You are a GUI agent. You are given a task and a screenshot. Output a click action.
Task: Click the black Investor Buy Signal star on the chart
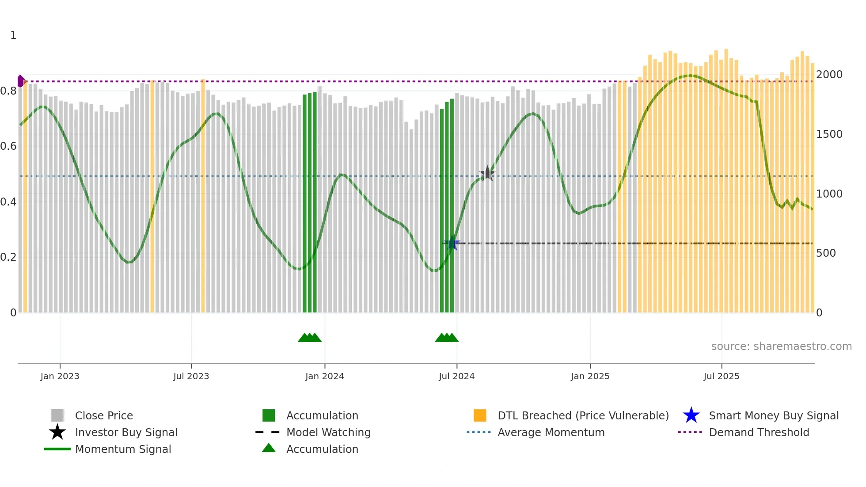(x=487, y=174)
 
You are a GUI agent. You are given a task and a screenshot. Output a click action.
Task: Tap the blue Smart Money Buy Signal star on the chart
(x=452, y=243)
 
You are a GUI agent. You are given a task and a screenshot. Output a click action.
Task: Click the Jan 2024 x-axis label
(x=324, y=376)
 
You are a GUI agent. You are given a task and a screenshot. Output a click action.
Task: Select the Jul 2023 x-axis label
(x=191, y=376)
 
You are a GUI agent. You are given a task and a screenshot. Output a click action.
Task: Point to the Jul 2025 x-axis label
(x=721, y=376)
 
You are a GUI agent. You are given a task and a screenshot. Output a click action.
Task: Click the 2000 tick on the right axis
(x=829, y=74)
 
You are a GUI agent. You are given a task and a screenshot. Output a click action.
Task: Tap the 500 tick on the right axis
(x=826, y=253)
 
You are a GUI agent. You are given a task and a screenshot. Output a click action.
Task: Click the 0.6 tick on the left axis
(x=8, y=146)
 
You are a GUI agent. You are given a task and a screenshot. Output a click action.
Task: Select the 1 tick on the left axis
(x=13, y=35)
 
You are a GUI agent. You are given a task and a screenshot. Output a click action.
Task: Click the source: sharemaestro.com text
(x=781, y=346)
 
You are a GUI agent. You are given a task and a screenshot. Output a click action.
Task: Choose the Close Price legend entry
(x=104, y=415)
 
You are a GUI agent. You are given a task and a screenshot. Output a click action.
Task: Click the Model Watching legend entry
(x=328, y=432)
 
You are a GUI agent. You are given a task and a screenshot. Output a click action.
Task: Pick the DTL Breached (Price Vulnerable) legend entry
(x=583, y=415)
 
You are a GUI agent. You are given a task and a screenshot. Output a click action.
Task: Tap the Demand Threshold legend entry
(x=759, y=432)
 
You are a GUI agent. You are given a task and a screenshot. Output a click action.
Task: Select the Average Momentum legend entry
(x=551, y=432)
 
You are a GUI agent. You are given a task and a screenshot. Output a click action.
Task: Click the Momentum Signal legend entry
(x=123, y=449)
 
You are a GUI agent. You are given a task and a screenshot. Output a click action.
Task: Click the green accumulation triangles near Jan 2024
(x=309, y=338)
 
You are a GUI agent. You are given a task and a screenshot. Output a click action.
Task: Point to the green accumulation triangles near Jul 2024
(x=447, y=338)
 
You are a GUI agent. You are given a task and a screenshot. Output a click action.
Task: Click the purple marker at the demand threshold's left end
(x=20, y=81)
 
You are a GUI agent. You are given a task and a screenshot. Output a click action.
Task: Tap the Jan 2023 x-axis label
(x=60, y=376)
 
